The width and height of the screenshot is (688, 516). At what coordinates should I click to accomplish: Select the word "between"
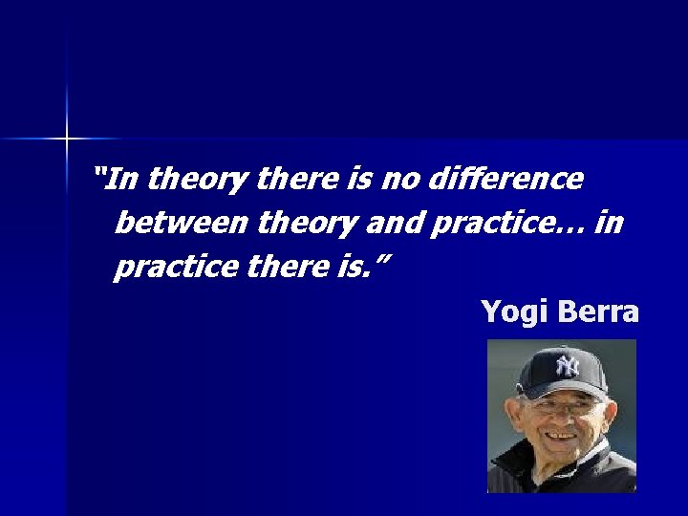182,224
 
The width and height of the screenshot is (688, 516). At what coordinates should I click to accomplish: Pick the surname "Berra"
599,312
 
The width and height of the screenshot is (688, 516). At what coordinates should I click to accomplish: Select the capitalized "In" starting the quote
124,179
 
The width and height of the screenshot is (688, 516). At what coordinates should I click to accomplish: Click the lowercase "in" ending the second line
609,224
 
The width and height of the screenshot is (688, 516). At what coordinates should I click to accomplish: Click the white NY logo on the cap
568,365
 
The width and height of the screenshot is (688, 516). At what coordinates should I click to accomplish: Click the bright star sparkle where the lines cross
67,140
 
